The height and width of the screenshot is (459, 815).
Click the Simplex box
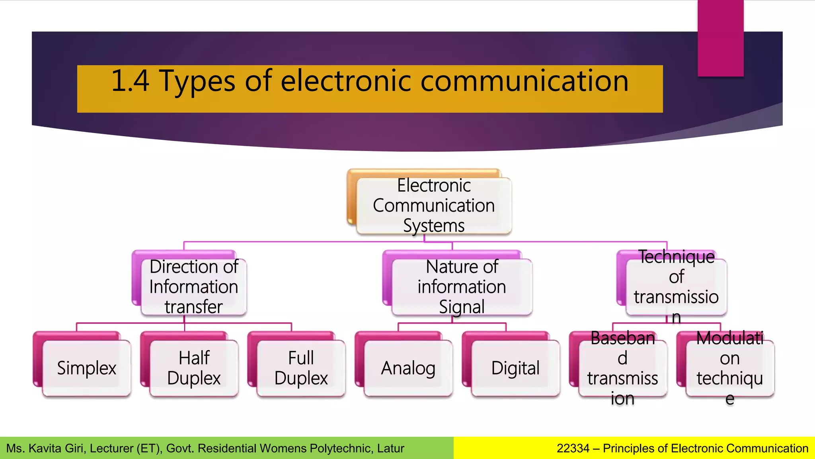coord(86,368)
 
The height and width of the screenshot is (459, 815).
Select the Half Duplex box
coord(194,368)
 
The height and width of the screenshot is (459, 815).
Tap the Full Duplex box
coord(301,368)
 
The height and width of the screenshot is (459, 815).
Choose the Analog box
coord(408,368)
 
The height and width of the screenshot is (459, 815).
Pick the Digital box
coord(515,368)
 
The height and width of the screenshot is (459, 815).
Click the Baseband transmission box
coord(622,368)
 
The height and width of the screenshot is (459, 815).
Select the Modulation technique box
coord(730,368)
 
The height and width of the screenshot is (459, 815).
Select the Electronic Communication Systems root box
coord(434,206)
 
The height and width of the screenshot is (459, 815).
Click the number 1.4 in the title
coord(130,81)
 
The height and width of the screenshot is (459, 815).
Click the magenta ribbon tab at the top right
coord(720,38)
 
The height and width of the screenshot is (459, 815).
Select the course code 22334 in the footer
coord(573,449)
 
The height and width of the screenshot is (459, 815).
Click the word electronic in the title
coord(346,81)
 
